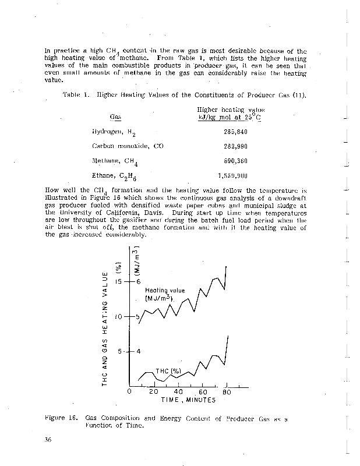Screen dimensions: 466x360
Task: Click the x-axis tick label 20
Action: pyautogui.click(x=153, y=392)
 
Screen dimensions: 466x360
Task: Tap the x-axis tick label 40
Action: pyautogui.click(x=178, y=392)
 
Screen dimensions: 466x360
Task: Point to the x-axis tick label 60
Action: pyautogui.click(x=203, y=392)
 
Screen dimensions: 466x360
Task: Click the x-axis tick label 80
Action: pyautogui.click(x=228, y=392)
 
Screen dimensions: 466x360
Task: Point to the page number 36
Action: pyautogui.click(x=49, y=439)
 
